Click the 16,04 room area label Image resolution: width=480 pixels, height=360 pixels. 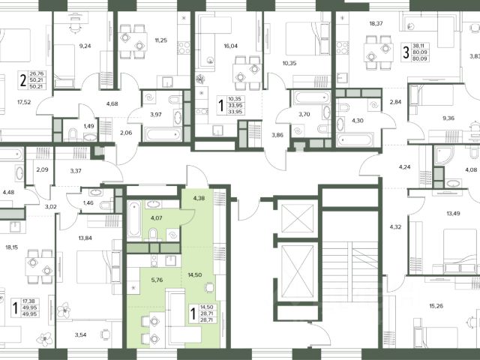[x=230, y=46]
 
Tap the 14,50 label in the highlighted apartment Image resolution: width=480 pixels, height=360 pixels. [x=195, y=275]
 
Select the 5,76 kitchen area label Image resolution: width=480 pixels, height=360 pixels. [x=157, y=280]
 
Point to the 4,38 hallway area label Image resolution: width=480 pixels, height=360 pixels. [x=199, y=198]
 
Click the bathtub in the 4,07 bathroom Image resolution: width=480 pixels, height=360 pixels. [x=134, y=219]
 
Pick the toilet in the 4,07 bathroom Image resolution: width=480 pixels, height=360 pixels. [x=153, y=235]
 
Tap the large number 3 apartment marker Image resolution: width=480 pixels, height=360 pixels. [x=406, y=52]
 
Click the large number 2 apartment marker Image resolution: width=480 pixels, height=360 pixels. [x=23, y=80]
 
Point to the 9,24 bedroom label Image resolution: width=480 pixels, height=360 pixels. [x=85, y=46]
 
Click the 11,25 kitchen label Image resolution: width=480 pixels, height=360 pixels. [x=161, y=40]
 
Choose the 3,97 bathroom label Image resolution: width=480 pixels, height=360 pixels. [x=156, y=115]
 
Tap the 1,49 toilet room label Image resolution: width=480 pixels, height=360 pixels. [x=88, y=126]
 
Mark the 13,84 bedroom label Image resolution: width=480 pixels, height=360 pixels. [x=85, y=238]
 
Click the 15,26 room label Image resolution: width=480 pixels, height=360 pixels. [x=436, y=305]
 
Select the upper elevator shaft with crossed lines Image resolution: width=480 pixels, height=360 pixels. [x=297, y=218]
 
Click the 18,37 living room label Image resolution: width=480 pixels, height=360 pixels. [x=376, y=23]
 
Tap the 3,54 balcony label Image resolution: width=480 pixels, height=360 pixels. [x=80, y=335]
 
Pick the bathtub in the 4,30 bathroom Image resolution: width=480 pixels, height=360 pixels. [x=355, y=140]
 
